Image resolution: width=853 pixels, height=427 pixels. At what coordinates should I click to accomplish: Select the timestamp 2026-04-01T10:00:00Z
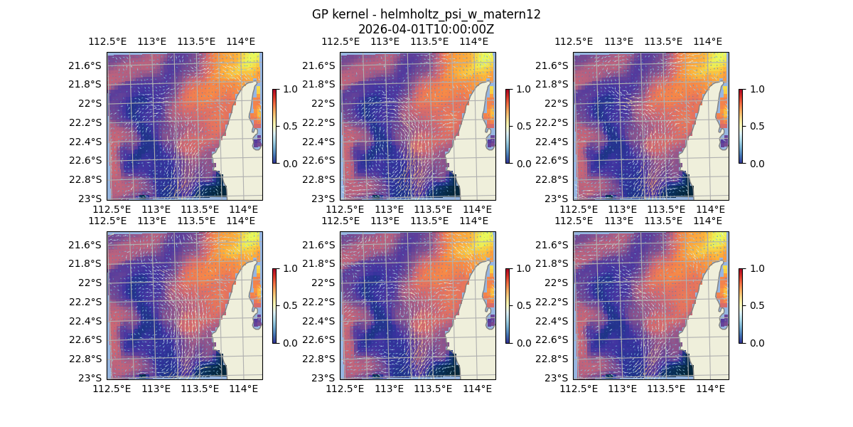(426, 29)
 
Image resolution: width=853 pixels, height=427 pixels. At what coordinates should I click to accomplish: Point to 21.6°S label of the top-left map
(87, 65)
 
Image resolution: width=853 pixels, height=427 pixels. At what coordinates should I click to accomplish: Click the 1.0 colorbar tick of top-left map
(289, 89)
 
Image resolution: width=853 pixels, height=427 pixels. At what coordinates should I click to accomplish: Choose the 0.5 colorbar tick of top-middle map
(522, 126)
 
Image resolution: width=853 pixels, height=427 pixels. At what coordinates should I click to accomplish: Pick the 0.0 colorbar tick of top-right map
(756, 163)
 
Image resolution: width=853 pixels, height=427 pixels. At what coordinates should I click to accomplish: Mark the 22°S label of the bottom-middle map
(324, 283)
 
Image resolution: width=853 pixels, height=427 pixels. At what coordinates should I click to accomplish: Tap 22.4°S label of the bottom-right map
(554, 321)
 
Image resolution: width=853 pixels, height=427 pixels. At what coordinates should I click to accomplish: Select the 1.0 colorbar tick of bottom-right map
(756, 268)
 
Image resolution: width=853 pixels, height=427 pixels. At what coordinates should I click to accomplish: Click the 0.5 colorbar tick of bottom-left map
(289, 305)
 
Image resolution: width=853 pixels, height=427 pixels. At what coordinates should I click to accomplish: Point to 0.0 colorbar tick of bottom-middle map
(522, 342)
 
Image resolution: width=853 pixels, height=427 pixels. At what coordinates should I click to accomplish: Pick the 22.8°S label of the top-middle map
(321, 179)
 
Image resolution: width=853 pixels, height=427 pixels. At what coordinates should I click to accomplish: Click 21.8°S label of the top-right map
(554, 84)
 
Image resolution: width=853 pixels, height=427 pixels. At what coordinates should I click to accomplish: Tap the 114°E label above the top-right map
(707, 42)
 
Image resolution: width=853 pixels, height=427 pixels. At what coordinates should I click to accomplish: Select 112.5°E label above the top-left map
(107, 42)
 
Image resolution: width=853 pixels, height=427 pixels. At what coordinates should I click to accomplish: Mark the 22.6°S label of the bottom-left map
(87, 339)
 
